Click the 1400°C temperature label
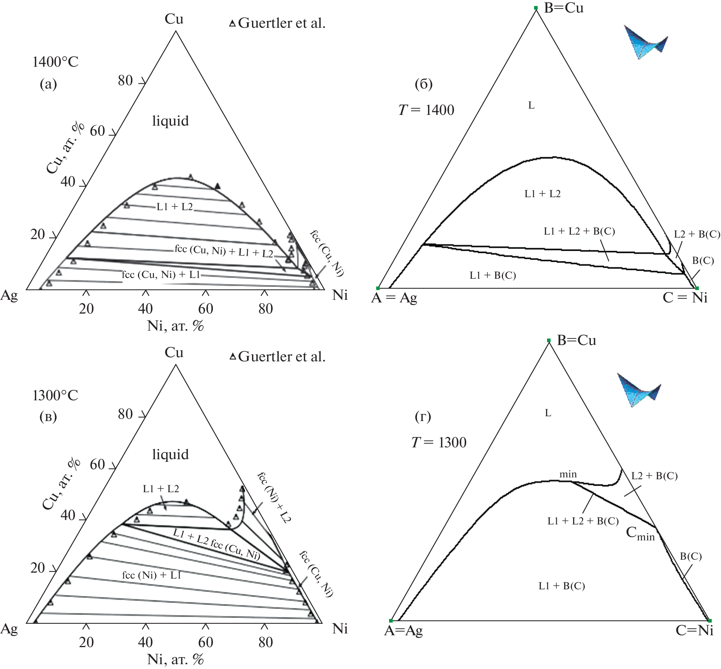[x=55, y=62]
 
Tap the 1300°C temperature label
[x=55, y=395]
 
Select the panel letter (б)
[x=424, y=84]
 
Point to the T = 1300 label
[x=439, y=442]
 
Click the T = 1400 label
[x=426, y=110]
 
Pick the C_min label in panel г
[x=640, y=533]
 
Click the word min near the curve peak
[x=568, y=474]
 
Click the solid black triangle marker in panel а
[x=218, y=186]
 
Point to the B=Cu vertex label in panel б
[x=563, y=8]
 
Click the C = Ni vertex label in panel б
[x=685, y=298]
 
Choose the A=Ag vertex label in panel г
[x=403, y=630]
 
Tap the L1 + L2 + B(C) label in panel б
[x=579, y=231]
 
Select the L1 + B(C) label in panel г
[x=562, y=586]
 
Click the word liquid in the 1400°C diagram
[x=170, y=121]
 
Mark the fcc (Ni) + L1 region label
[x=152, y=575]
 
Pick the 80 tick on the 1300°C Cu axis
[x=125, y=414]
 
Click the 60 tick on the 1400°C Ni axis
[x=205, y=308]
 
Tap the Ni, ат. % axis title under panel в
[x=175, y=659]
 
